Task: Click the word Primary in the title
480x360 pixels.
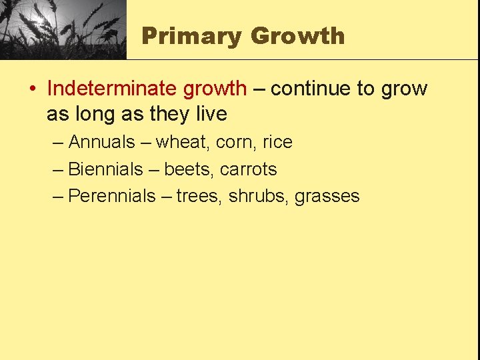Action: click(191, 35)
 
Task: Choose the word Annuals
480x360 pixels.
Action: click(101, 142)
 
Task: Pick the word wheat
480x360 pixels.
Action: click(182, 142)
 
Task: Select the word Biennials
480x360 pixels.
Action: click(105, 169)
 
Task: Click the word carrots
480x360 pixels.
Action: click(248, 169)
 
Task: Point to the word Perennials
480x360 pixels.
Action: click(111, 196)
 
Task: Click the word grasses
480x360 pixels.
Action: click(327, 196)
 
